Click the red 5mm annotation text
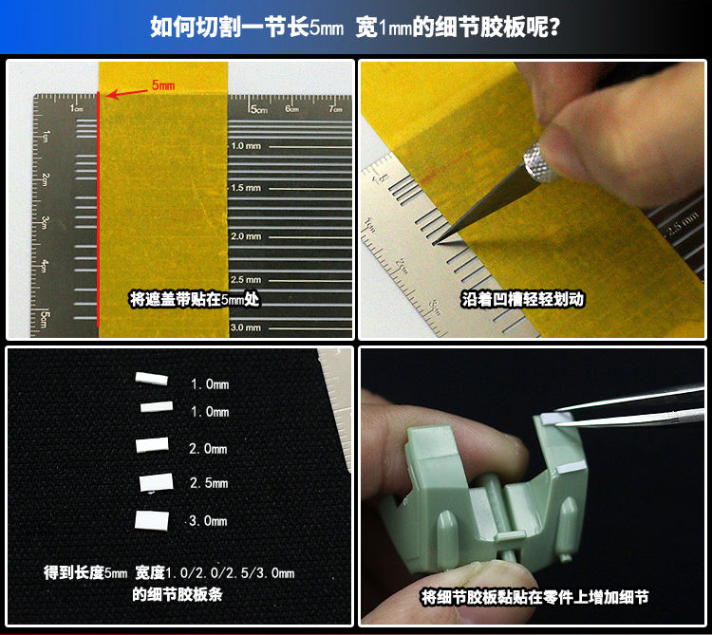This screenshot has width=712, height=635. click(163, 84)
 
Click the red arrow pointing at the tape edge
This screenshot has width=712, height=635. click(127, 93)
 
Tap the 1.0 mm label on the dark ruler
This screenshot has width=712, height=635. click(246, 146)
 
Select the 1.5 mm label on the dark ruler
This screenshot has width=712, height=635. click(246, 187)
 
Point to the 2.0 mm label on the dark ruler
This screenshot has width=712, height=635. click(246, 236)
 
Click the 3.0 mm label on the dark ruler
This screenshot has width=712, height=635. click(246, 327)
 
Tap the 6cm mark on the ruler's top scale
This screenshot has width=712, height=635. click(292, 109)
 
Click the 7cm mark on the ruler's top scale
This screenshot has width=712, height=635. click(336, 109)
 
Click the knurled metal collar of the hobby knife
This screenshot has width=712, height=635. click(540, 163)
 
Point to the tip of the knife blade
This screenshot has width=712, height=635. click(434, 244)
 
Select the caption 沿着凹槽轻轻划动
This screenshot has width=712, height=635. click(522, 299)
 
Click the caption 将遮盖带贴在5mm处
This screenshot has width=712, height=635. click(195, 299)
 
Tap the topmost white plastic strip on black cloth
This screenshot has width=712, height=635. click(152, 379)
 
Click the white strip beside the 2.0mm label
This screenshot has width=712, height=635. click(152, 445)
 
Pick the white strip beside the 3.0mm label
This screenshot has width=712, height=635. click(152, 520)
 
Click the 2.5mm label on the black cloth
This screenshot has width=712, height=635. click(209, 483)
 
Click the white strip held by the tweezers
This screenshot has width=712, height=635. click(552, 419)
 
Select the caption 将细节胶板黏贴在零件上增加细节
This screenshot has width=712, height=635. click(534, 597)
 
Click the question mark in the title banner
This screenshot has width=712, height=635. click(554, 28)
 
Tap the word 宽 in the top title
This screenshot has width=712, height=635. click(366, 28)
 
